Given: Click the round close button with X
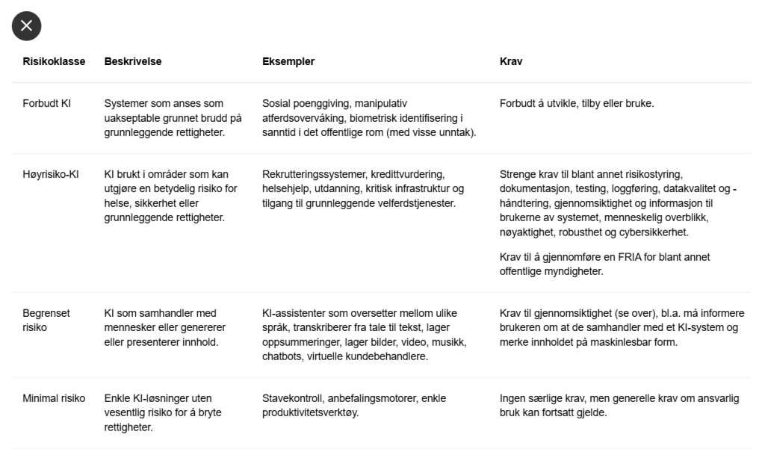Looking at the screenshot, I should coord(26,26).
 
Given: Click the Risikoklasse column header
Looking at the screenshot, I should coord(54,61).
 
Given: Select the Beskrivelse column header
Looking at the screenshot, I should coord(133,61).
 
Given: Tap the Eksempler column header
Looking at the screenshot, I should coord(288,61).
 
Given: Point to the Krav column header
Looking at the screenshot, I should coord(511,61).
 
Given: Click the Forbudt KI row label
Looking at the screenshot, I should coord(46,103).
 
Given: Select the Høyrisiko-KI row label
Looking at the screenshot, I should coord(51,174).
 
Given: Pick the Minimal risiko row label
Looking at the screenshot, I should coord(54,398).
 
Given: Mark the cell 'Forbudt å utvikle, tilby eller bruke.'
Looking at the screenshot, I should coord(577,103).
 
